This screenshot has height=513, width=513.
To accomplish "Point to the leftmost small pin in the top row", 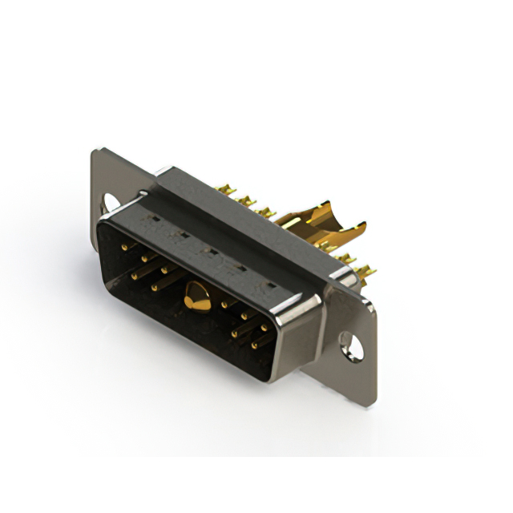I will [124, 247].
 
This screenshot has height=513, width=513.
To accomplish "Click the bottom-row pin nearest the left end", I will [135, 277].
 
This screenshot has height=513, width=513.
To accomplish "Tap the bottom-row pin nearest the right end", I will [255, 345].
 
